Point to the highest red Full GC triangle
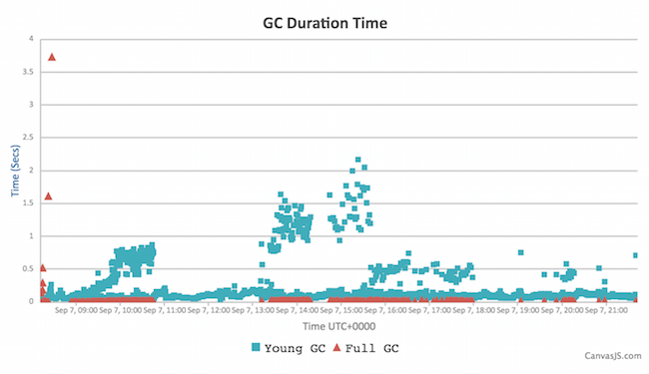[x=52, y=57]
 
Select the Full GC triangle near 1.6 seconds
[x=48, y=196]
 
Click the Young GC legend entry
[x=289, y=348]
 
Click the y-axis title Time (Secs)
[x=17, y=171]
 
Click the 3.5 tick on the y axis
[x=28, y=72]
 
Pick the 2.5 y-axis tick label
[x=28, y=138]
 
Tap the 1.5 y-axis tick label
[x=28, y=203]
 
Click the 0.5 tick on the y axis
[x=28, y=268]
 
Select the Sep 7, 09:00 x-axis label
[x=77, y=311]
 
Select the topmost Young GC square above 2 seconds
[x=357, y=160]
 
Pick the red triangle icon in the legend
[x=335, y=348]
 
